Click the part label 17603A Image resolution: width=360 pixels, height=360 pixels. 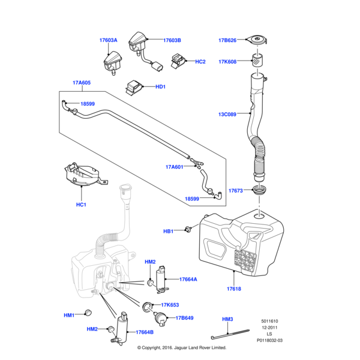[x=108, y=41]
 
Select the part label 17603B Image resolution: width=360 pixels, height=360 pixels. [x=172, y=41]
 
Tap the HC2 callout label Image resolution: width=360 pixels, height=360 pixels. [x=200, y=62]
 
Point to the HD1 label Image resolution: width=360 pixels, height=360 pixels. [x=160, y=87]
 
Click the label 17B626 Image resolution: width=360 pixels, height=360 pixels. [x=227, y=41]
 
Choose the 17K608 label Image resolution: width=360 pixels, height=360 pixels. [x=227, y=61]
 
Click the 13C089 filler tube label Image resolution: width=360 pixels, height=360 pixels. [x=227, y=114]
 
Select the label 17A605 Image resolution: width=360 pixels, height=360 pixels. [x=81, y=83]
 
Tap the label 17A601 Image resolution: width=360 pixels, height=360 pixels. [x=174, y=167]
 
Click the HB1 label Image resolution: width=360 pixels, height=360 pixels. [x=169, y=231]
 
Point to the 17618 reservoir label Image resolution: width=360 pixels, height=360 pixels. [x=233, y=289]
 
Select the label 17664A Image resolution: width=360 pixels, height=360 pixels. [x=188, y=279]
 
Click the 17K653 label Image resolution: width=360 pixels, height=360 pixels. [x=170, y=305]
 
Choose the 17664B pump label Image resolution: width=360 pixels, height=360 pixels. [x=145, y=332]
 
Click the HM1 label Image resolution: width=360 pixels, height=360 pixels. [x=69, y=316]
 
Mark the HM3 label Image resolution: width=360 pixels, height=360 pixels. [x=227, y=319]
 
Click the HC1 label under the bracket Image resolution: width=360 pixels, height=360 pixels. [x=82, y=205]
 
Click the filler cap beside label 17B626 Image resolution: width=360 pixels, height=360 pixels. [x=259, y=41]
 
